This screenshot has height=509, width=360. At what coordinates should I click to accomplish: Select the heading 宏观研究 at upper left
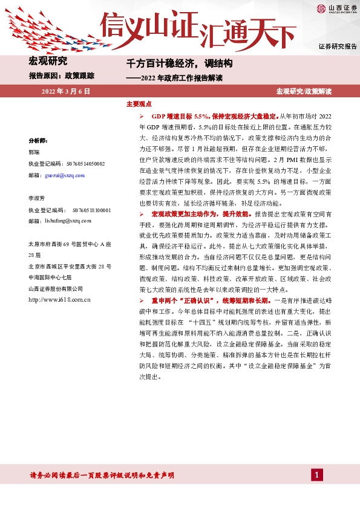click(48, 60)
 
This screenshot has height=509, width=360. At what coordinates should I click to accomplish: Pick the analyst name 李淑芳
click(38, 198)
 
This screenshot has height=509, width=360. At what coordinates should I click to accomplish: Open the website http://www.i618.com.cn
click(59, 299)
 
